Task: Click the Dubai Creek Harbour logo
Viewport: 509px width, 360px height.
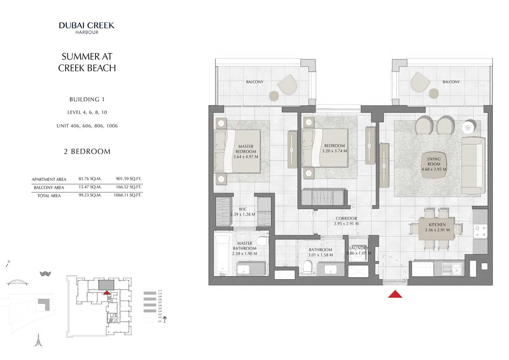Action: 87,28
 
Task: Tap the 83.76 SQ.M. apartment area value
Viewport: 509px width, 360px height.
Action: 90,179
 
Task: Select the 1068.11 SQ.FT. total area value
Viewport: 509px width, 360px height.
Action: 127,195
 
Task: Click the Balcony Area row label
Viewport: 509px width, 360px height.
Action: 49,187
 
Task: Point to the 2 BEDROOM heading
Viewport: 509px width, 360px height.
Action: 87,152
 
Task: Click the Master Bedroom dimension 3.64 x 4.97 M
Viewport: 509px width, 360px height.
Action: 246,157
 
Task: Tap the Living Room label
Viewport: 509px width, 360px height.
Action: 434,162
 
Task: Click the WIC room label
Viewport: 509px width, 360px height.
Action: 243,209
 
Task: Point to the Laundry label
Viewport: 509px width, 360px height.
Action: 358,248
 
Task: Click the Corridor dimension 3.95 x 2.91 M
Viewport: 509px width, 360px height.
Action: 346,223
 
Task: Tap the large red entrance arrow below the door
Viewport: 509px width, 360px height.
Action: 395,294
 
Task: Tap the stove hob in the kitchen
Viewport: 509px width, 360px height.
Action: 480,231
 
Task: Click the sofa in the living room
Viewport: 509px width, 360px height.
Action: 473,165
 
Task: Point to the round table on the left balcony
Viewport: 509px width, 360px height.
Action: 274,96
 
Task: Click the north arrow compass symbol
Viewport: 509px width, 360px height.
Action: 7,265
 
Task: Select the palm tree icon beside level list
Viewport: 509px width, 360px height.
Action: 164,319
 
